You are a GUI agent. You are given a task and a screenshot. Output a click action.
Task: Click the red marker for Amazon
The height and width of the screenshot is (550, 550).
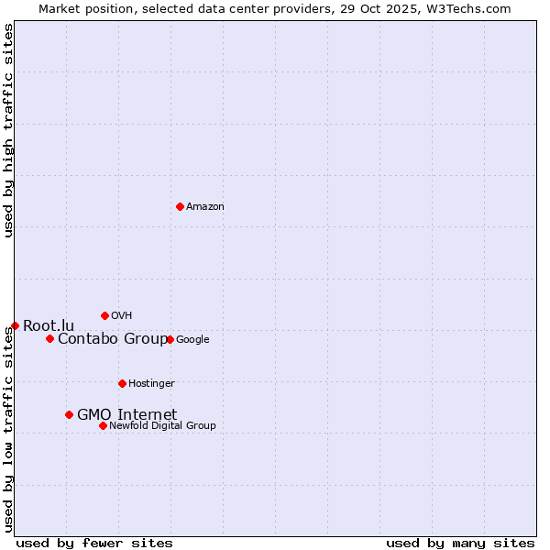coord(180,206)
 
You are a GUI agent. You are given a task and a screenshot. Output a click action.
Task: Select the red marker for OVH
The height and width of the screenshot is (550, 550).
coord(104,315)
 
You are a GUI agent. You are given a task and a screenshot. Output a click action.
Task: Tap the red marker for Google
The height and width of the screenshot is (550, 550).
coord(170,339)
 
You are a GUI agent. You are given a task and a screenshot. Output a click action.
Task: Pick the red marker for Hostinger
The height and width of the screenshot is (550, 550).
coord(122,383)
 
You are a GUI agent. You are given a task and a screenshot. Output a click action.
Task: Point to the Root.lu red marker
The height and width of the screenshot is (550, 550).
coord(15,325)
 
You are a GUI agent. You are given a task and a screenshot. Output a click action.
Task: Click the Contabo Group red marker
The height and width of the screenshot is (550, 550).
coord(49,338)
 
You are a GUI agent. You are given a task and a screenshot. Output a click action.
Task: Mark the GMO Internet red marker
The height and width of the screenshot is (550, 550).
coord(69,414)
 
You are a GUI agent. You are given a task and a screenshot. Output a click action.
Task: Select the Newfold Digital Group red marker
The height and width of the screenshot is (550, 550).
coord(103,425)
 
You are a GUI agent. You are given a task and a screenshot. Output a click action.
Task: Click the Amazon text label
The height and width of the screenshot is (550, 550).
coord(205,207)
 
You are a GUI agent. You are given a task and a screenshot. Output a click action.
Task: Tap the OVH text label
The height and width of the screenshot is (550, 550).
coord(122,316)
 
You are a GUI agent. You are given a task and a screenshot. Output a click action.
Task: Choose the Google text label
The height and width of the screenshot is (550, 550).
coord(192,340)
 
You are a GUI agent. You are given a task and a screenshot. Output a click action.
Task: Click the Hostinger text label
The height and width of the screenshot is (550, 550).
coord(151,384)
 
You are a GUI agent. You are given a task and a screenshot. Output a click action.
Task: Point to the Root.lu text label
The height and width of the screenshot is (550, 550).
coord(49,325)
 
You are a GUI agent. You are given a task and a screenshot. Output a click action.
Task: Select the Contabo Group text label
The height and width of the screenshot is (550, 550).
coord(112,339)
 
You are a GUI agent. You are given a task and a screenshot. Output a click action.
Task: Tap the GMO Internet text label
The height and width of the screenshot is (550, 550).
coord(126,415)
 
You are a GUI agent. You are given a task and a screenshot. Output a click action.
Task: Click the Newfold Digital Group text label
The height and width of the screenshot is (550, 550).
coord(162,426)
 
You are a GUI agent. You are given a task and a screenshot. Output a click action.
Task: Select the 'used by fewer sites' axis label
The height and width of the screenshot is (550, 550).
coord(94,543)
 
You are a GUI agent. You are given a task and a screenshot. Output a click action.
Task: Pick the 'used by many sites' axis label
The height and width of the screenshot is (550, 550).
coord(460,543)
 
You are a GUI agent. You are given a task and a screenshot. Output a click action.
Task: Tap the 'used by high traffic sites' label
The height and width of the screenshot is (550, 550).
coord(8,130)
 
